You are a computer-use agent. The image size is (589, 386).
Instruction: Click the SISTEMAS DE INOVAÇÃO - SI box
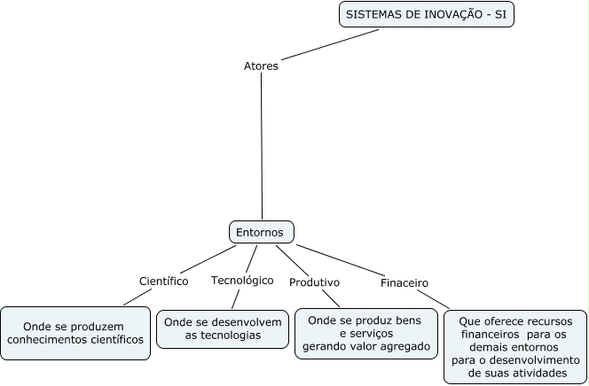(427, 15)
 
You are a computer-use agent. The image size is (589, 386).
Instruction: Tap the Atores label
(261, 66)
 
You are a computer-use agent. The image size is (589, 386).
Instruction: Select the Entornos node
(261, 232)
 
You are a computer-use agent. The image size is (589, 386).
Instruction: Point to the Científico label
(163, 281)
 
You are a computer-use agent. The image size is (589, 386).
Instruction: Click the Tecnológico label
(241, 280)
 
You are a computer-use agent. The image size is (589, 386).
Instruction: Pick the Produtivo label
(314, 282)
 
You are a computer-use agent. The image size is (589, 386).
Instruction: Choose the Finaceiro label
(404, 283)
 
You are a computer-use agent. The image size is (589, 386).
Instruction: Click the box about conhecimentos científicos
(75, 332)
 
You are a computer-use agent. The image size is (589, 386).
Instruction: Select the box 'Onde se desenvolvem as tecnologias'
(223, 328)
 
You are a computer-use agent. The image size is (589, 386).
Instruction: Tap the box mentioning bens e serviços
(365, 332)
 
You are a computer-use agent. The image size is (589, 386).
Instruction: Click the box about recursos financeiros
(515, 346)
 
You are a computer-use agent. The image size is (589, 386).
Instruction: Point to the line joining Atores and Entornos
(262, 146)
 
